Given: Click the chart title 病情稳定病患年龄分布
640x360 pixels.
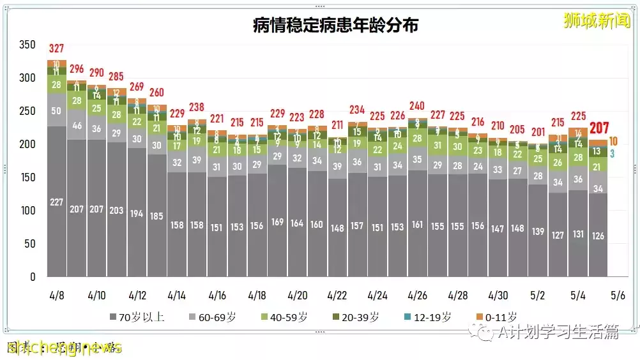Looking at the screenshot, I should [336, 26].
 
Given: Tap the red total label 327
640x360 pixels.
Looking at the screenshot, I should [57, 49].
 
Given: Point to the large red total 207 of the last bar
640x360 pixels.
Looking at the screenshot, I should [599, 128].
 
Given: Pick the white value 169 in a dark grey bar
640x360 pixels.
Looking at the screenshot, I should [277, 222].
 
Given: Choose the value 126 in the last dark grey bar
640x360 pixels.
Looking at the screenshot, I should [598, 236].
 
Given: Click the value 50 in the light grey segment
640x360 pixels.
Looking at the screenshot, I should [57, 110].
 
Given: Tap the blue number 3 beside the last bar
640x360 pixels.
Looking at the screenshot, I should [612, 153].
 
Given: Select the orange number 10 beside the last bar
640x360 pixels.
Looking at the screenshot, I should [613, 141].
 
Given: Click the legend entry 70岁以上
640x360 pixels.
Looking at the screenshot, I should [137, 317].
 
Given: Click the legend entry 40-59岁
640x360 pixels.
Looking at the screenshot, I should [287, 317].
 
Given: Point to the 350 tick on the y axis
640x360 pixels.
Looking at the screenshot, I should [27, 45].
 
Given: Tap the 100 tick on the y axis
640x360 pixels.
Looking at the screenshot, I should [27, 211].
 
